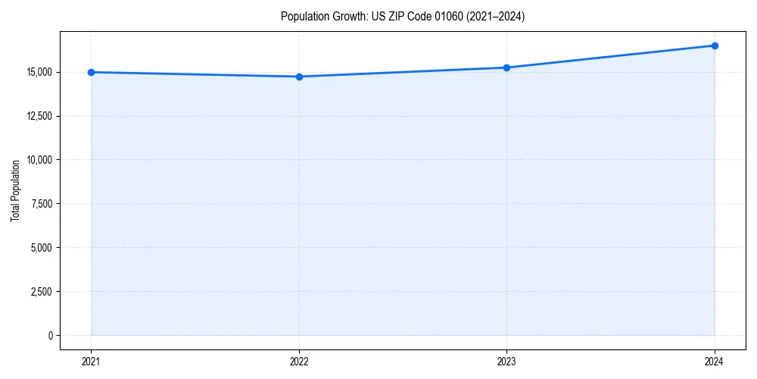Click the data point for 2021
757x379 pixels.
coord(91,72)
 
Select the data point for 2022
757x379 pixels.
coord(299,77)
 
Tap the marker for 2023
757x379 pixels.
coord(506,67)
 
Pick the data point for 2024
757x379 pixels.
coord(715,45)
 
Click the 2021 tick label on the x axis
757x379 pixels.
coord(91,361)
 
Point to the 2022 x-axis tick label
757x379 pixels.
coord(299,361)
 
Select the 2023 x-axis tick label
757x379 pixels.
coord(506,361)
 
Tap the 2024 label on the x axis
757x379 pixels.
coord(715,361)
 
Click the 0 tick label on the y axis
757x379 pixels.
coord(51,336)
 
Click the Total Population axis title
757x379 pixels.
coord(15,190)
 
